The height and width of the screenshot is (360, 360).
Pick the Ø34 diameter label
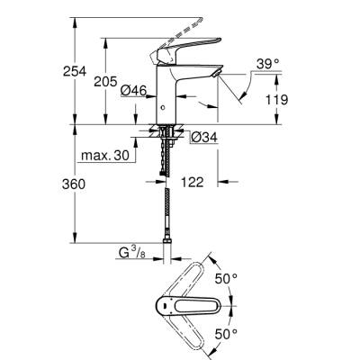(203, 137)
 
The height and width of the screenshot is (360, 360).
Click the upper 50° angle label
(225, 278)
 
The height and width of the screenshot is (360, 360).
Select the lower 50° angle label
(225, 334)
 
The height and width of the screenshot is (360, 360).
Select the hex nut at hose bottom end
(166, 243)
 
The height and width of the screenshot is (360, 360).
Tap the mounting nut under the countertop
(166, 136)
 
